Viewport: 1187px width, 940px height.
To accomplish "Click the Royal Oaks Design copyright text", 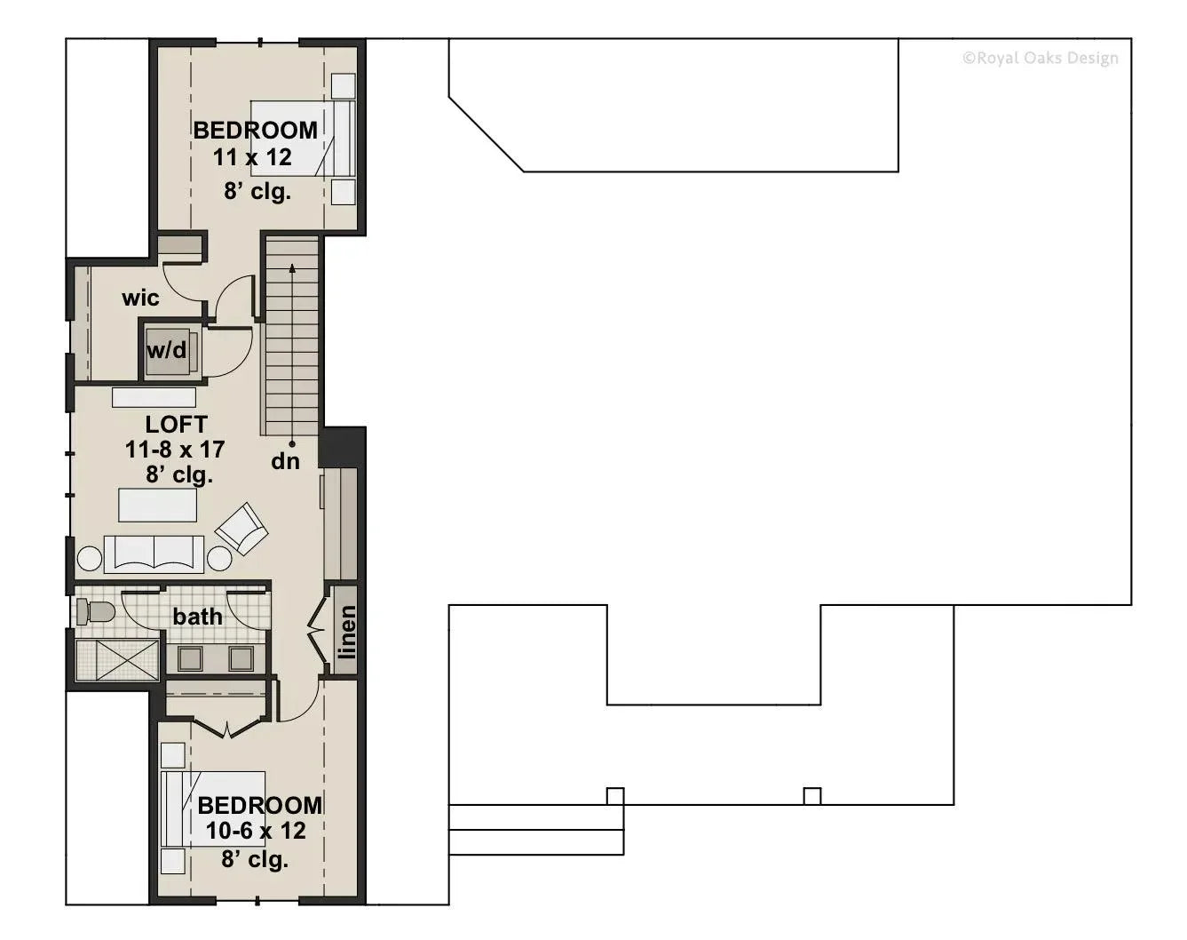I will (x=1040, y=59).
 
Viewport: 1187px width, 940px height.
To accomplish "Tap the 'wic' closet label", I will (x=140, y=298).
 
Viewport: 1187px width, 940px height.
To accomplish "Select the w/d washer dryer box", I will (x=168, y=350).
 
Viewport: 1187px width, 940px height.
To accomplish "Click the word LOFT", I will (x=176, y=425).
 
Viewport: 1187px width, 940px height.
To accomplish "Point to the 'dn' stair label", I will (x=285, y=461).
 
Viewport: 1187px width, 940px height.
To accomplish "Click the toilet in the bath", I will (x=95, y=611).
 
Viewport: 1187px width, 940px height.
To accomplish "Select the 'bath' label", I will (x=197, y=616).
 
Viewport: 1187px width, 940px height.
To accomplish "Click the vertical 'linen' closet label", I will (x=346, y=632).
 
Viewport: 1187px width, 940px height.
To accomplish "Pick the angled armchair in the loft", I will (x=241, y=529).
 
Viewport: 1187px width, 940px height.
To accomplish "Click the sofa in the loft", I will (x=154, y=554).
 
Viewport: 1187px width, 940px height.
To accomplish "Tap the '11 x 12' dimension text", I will (x=252, y=158).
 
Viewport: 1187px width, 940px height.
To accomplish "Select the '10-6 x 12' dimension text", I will (x=256, y=831).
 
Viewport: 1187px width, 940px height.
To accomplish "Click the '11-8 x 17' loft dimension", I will (x=175, y=450).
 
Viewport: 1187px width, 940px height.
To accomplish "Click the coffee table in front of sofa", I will (x=157, y=506).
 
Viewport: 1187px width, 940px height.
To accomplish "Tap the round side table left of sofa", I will (x=90, y=559).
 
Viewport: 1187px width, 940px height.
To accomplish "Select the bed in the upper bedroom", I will (x=302, y=138).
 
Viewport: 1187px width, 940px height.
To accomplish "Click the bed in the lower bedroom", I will (x=213, y=809).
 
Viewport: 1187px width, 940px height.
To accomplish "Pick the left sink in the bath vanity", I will (x=190, y=658).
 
